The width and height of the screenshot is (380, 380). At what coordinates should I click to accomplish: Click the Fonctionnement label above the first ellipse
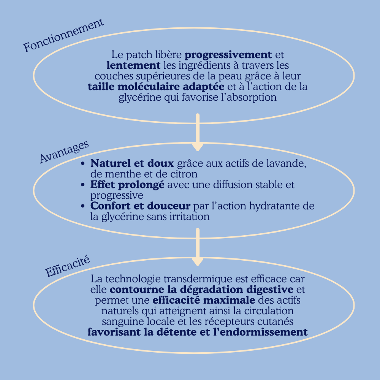(x=63, y=36)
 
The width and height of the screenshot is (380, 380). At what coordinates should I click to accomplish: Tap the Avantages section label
(x=64, y=152)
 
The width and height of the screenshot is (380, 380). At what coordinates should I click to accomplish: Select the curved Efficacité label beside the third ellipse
(x=67, y=267)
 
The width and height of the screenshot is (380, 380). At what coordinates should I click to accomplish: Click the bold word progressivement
(x=228, y=54)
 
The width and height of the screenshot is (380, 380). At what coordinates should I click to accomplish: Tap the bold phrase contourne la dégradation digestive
(x=201, y=290)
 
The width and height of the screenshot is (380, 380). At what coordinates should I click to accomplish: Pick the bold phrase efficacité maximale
(x=204, y=300)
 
